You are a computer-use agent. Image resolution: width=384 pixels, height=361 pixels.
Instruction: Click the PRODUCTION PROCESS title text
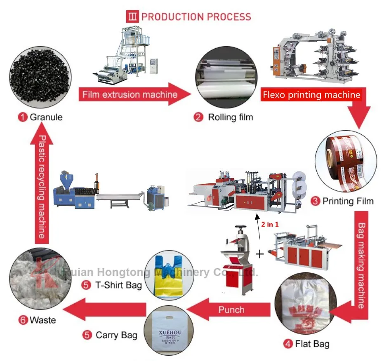[196, 17]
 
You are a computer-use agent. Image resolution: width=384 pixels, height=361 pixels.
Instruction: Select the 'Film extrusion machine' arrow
[130, 94]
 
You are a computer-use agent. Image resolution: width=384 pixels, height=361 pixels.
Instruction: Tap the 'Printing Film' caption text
[348, 201]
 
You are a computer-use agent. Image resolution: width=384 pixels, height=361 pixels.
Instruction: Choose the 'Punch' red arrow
[231, 309]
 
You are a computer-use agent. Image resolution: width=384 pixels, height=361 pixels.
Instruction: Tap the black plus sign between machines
[259, 254]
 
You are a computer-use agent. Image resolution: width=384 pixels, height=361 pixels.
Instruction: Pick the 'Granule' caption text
[46, 117]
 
